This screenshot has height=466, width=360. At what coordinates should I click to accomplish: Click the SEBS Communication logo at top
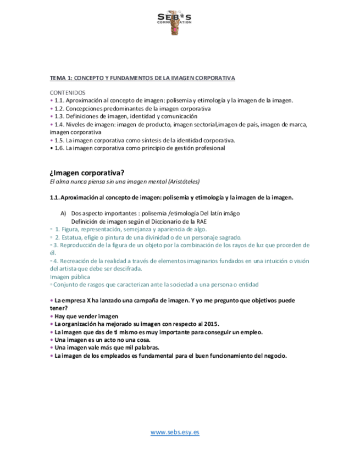[x=175, y=22]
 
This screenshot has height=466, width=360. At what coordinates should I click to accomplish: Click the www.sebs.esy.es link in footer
[x=175, y=432]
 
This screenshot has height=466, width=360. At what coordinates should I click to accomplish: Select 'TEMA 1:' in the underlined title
[x=61, y=78]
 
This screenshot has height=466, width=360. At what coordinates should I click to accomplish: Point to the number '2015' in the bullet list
[x=211, y=324]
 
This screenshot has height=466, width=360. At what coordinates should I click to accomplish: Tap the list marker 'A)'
[x=63, y=213]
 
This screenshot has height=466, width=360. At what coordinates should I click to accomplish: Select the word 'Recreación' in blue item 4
[x=75, y=261]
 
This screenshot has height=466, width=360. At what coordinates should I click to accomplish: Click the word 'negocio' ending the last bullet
[x=274, y=356]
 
